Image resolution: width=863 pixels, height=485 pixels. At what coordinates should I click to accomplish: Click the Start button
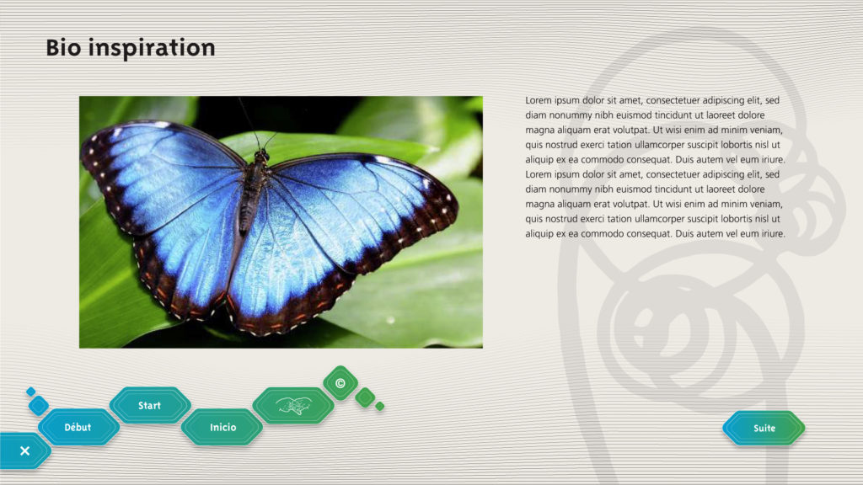[x=150, y=405]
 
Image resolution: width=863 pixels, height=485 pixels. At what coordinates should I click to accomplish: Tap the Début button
[x=78, y=427]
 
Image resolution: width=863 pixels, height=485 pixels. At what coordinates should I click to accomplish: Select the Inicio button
[x=222, y=427]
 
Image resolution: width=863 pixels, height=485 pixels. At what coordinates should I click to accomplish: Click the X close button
[x=24, y=451]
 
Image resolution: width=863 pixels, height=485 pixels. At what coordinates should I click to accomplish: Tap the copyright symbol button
[x=340, y=383]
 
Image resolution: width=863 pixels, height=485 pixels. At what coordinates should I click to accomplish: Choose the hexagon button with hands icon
[x=293, y=406]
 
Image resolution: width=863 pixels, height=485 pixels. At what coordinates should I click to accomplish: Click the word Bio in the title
[x=63, y=48]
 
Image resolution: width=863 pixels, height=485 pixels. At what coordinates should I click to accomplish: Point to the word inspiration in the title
[x=152, y=48]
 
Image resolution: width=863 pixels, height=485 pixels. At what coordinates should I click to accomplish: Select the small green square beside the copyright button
[x=365, y=397]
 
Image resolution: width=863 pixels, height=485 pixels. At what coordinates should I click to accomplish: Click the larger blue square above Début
[x=39, y=406]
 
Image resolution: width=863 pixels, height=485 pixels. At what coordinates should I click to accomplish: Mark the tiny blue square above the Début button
[x=31, y=392]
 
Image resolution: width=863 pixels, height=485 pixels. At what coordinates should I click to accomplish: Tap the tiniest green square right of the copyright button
[x=380, y=407]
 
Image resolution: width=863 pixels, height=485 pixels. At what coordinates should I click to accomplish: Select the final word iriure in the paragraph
[x=773, y=234]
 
